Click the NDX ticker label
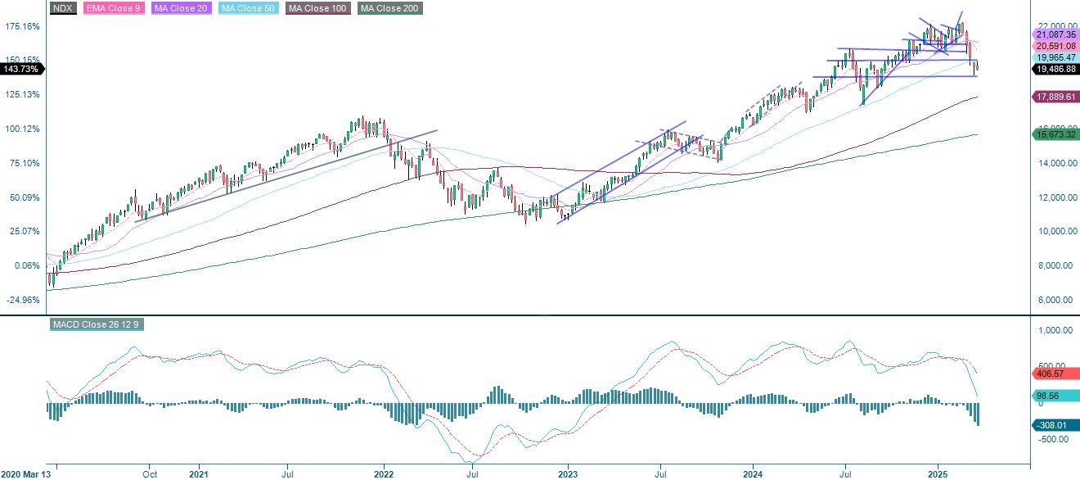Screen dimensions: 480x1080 coord(62,8)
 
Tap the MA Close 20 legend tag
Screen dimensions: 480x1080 coord(180,8)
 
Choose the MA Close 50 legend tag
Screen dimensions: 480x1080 coord(249,8)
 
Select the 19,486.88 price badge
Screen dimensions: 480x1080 coord(1054,70)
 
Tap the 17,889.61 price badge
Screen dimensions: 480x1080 coord(1054,97)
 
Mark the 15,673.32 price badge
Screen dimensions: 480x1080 coord(1054,134)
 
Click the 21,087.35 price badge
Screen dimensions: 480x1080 coord(1054,35)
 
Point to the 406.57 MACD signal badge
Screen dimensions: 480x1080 coord(1051,373)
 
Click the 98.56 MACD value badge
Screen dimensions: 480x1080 coord(1051,395)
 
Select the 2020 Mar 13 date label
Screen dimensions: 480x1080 coord(28,473)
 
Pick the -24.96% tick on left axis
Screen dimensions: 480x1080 coord(22,300)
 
